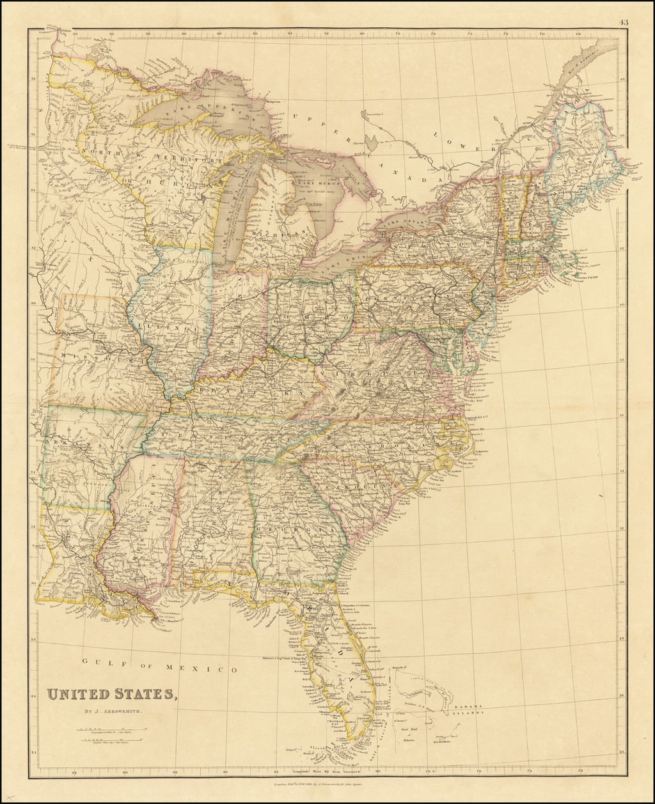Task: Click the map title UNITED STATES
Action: coord(109,694)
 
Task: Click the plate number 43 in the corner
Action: coord(624,22)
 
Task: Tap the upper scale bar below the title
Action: coord(110,728)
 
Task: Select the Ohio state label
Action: coord(311,316)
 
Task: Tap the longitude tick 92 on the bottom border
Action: coord(75,772)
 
